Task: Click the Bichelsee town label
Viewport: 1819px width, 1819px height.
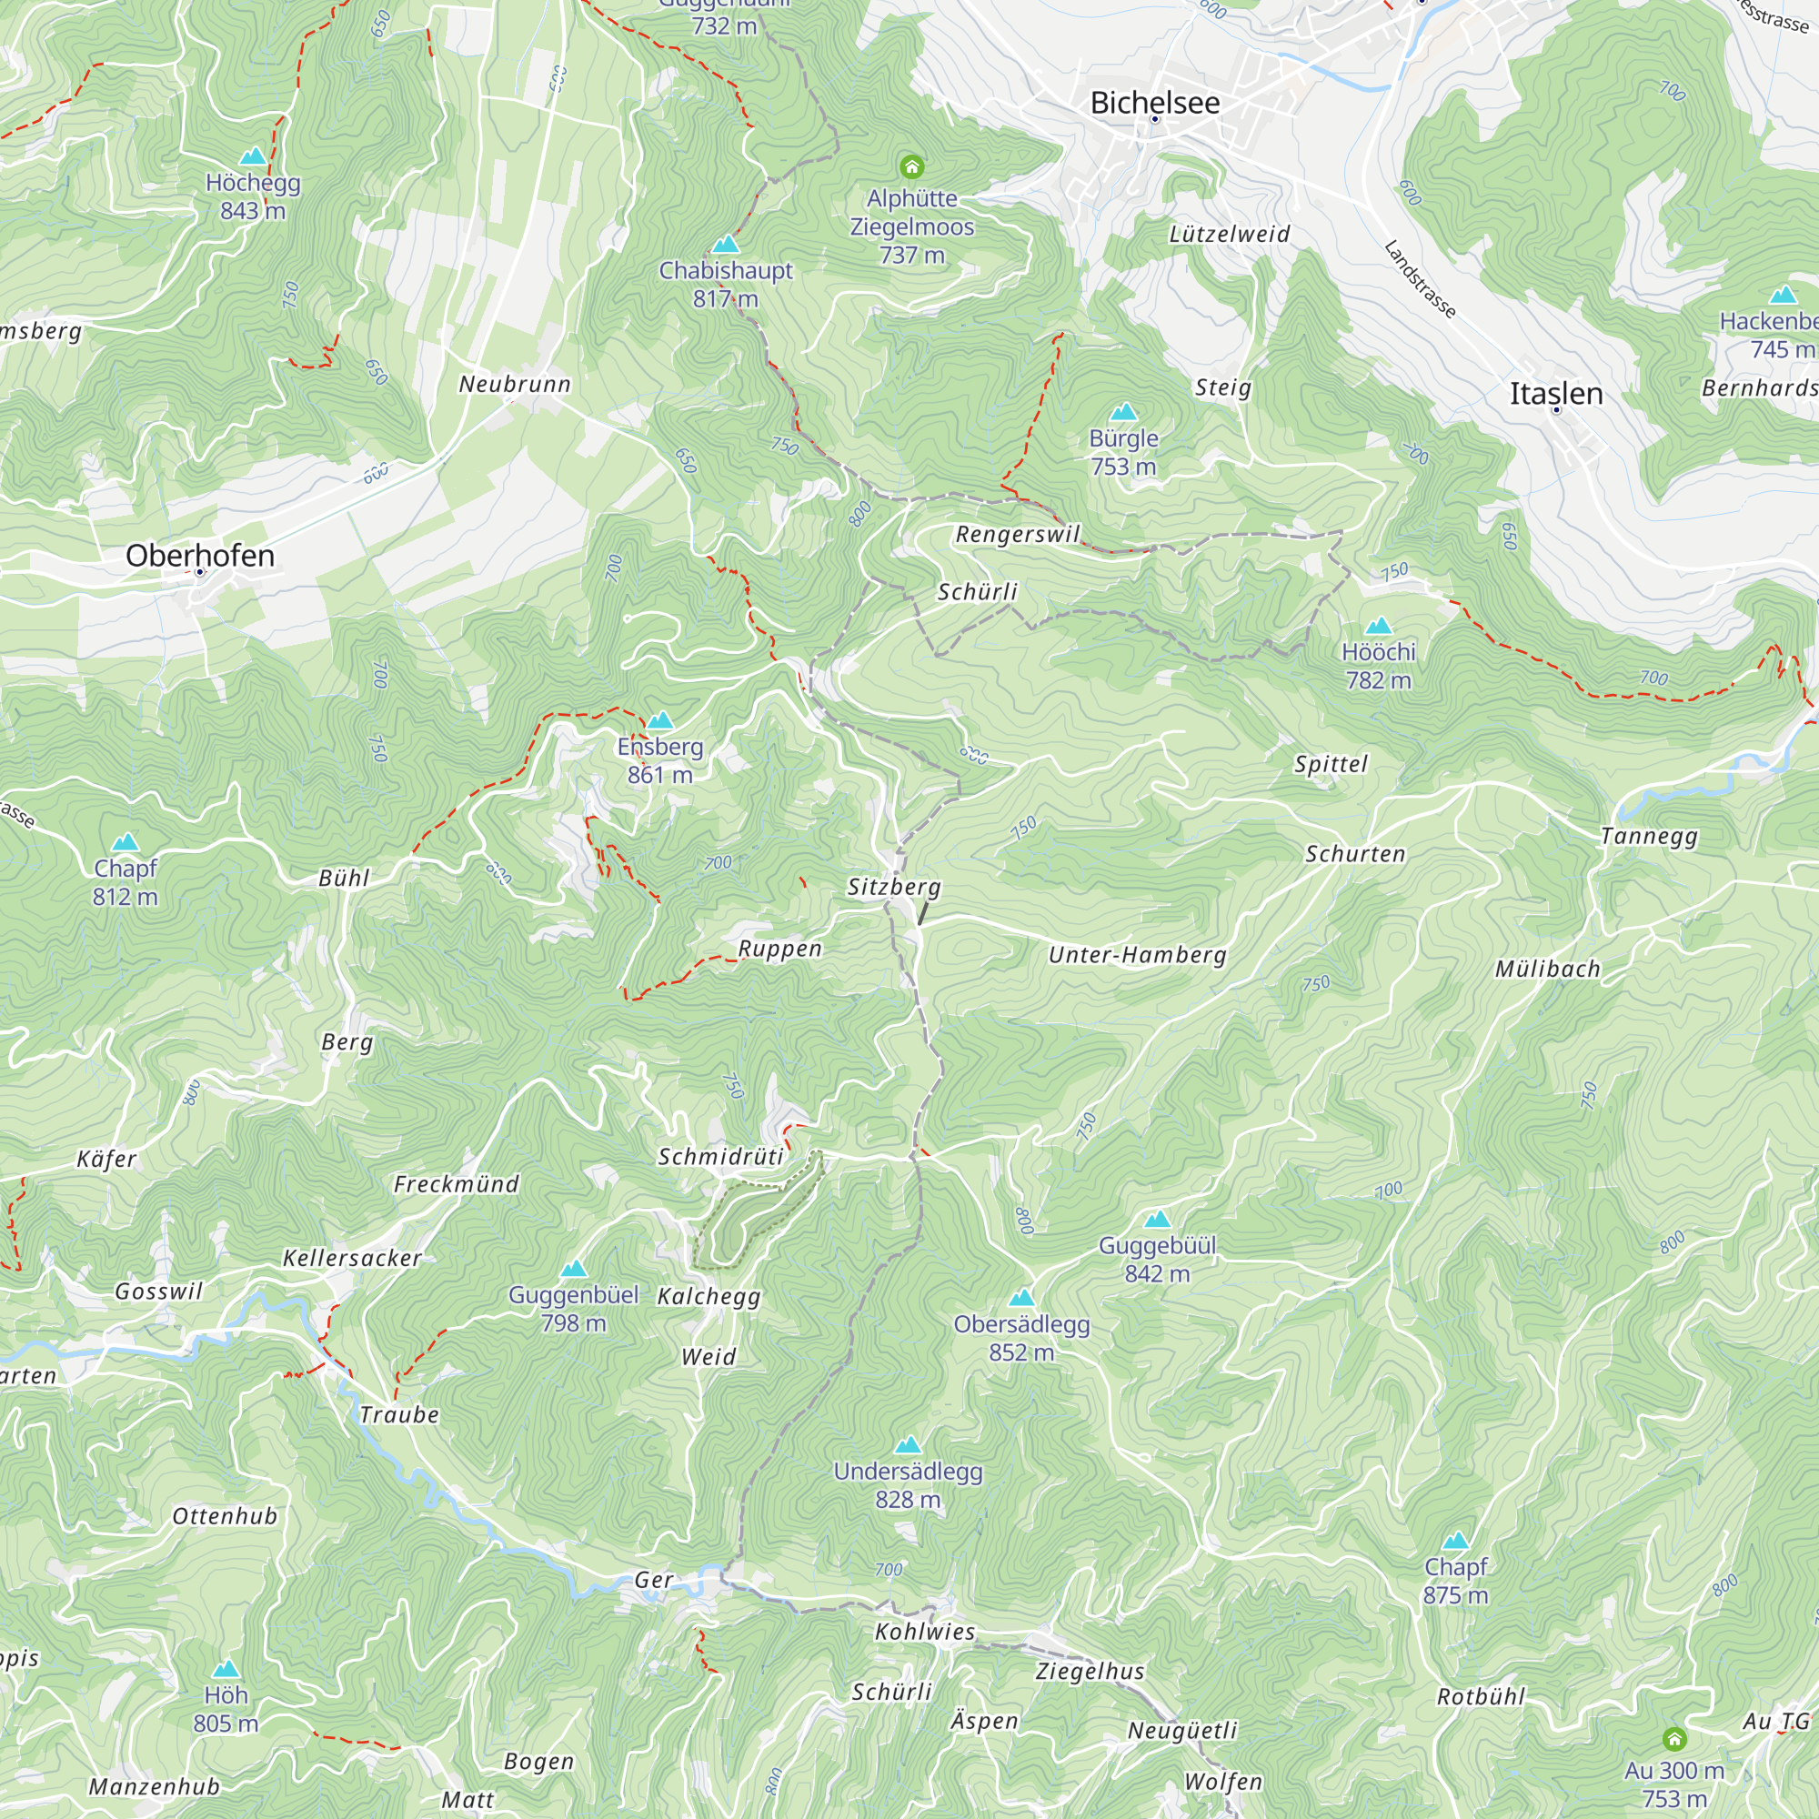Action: tap(1154, 103)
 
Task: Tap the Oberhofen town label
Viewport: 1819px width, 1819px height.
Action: tap(199, 556)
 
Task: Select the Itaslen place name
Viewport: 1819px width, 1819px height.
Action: tap(1555, 394)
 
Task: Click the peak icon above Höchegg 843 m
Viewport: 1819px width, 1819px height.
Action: tap(252, 156)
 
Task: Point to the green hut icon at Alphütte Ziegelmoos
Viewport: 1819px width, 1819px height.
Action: tap(910, 167)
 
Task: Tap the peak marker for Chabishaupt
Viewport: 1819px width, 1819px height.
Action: tap(725, 245)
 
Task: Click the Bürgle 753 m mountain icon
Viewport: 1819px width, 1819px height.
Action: tap(1123, 412)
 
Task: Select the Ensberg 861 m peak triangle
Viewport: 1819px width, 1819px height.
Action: tap(660, 721)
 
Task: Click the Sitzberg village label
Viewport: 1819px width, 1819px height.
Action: tap(893, 887)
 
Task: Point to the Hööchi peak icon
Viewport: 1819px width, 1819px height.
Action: tap(1379, 626)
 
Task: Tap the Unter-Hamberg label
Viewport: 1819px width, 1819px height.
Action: tap(1138, 955)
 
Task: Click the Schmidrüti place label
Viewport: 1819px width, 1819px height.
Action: tap(720, 1157)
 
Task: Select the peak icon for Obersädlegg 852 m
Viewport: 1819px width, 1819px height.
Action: tap(1021, 1300)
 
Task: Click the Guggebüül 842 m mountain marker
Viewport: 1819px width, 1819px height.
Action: tap(1157, 1221)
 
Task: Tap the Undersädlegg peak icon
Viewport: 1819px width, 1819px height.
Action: tap(908, 1445)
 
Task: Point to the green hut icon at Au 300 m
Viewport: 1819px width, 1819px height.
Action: tap(1674, 1738)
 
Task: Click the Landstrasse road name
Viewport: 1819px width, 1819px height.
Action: tap(1420, 279)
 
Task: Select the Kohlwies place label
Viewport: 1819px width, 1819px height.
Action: tap(925, 1632)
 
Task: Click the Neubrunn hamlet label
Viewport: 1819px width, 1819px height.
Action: tap(515, 384)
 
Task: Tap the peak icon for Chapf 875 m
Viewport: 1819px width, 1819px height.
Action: tap(1455, 1542)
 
